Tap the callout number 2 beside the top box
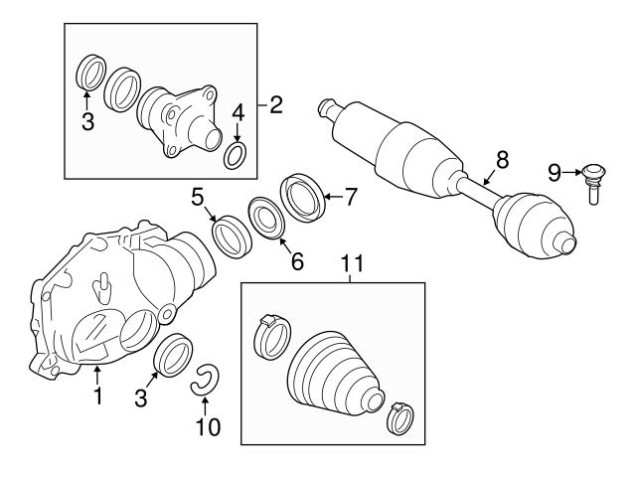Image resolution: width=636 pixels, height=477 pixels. pos(275,103)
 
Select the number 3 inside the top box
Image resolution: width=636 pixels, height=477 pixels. pos(86,123)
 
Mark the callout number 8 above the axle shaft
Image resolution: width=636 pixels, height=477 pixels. pos(502,158)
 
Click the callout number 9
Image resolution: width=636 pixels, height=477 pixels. pos(555,174)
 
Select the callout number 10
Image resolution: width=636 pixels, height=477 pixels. pos(207,428)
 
